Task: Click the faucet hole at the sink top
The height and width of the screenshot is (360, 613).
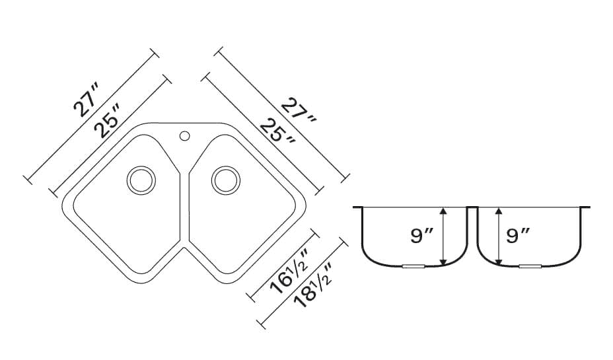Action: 184,136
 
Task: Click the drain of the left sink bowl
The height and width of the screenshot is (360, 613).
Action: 141,180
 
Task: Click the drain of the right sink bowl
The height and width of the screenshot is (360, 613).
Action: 225,180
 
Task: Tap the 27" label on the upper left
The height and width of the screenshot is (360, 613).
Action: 87,100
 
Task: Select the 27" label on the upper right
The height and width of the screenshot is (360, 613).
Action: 299,110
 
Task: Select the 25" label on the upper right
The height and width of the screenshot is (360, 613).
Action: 277,131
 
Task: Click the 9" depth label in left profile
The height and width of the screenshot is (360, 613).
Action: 422,236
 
